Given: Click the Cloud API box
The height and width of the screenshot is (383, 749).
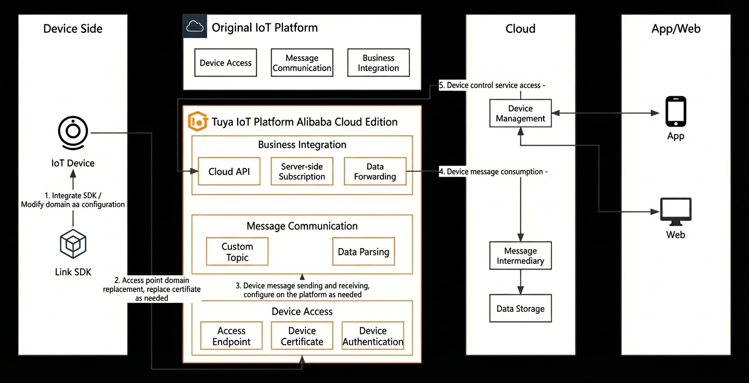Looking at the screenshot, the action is (x=229, y=171).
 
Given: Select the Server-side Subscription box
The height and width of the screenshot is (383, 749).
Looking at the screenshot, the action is (x=302, y=171).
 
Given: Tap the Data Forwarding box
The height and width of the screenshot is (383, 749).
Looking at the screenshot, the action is (x=375, y=171).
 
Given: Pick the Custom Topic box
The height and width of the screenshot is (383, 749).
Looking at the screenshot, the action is (x=237, y=251).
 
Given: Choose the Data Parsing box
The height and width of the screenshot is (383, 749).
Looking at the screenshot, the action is (x=364, y=251).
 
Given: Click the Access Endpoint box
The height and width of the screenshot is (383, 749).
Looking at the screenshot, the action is (x=231, y=336).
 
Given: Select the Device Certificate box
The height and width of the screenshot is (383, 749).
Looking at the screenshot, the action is (x=302, y=336).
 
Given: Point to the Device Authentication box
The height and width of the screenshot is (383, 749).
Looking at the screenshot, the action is (x=373, y=336).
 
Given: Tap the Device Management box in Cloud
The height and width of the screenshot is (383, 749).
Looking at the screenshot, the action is (x=520, y=113).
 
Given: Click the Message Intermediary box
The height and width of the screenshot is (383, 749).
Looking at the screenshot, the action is (x=520, y=256).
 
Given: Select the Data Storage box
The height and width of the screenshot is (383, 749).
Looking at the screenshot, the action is (x=520, y=309).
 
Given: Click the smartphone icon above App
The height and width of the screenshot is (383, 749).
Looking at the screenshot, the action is (x=676, y=111).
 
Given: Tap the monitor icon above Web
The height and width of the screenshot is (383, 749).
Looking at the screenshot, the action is (x=676, y=211).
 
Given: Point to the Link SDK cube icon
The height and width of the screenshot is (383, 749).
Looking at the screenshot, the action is (x=73, y=244).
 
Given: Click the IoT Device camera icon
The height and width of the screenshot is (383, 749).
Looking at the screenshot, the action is (x=73, y=133).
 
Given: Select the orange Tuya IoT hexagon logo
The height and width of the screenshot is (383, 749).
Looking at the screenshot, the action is (x=198, y=121).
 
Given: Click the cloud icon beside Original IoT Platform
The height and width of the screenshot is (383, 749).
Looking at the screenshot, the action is (x=195, y=26).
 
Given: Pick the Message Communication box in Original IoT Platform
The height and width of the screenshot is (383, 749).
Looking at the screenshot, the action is (x=302, y=62).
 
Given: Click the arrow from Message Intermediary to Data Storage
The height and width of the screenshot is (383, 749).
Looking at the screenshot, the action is (x=520, y=282).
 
